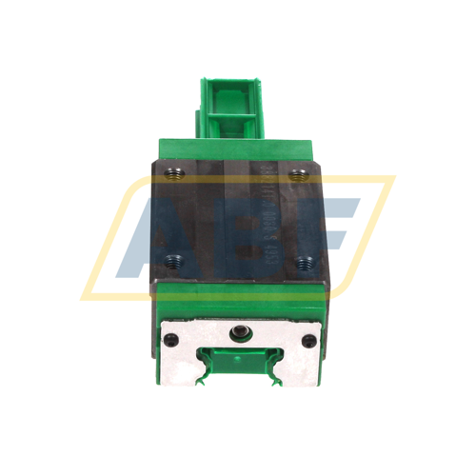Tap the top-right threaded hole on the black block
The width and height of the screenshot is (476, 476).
pos(299,174)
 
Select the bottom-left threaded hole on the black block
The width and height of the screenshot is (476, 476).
pos(172,257)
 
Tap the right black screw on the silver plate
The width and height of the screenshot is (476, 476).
pos(307,340)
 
